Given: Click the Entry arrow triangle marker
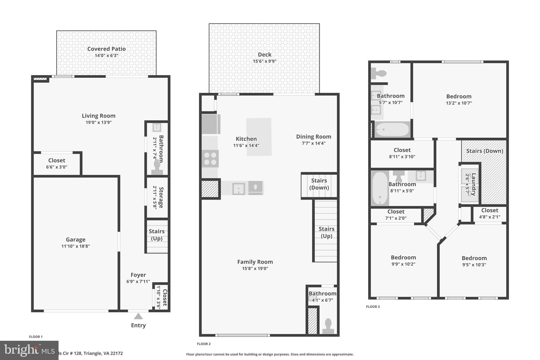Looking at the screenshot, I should [138, 316].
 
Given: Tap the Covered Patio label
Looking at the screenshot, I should [106, 49].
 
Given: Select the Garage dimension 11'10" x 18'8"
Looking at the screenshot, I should [75, 246].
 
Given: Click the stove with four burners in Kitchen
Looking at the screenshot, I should [210, 159].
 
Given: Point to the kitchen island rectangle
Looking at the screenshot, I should [259, 137].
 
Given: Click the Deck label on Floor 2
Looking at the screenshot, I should [264, 55].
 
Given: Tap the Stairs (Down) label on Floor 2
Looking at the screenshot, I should [319, 184].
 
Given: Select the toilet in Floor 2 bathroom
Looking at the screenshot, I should [328, 326].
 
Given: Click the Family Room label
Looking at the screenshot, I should [255, 262].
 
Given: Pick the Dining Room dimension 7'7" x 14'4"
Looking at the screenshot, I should [314, 143].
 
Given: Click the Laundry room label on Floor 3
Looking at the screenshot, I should [474, 184].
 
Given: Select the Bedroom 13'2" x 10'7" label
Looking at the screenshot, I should [459, 97].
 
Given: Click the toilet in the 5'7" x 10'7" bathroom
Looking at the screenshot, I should [379, 73].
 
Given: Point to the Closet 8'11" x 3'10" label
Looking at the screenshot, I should [402, 150].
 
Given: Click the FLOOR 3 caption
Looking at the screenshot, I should [373, 306].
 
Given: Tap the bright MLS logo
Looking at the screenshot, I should [29, 350].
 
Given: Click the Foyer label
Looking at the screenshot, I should [138, 275].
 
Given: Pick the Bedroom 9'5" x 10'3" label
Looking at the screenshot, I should [474, 258].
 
